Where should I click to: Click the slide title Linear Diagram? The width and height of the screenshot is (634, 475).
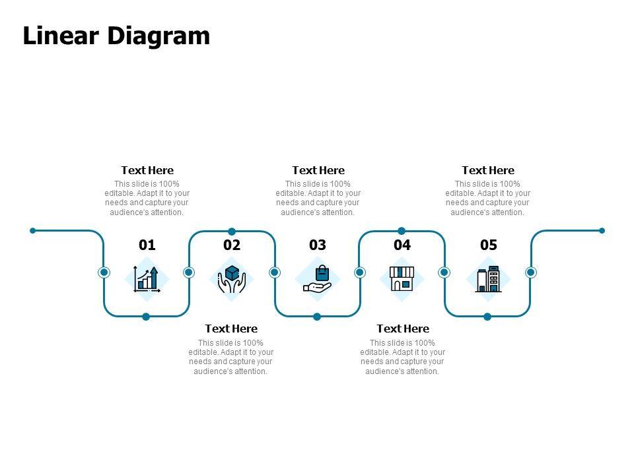tap(116, 36)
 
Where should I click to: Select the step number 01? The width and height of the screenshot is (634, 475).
tap(147, 245)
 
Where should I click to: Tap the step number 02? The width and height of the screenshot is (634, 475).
tap(232, 245)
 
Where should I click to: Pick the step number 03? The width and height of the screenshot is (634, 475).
tap(318, 245)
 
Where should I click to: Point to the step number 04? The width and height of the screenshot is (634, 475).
tap(402, 245)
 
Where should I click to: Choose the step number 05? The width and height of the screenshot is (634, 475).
tap(488, 245)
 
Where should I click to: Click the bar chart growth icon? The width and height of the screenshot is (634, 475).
tap(147, 279)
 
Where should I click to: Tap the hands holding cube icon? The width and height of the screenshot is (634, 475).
tap(232, 279)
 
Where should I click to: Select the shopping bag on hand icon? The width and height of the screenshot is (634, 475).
tap(317, 279)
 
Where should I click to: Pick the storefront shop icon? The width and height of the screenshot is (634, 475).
tap(402, 279)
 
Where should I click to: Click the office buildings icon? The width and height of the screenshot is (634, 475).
tap(488, 279)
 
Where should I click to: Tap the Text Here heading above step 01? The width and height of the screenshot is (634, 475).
tap(147, 170)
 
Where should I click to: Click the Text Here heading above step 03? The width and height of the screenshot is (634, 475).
tap(318, 170)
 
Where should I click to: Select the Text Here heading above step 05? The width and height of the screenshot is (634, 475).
tap(488, 170)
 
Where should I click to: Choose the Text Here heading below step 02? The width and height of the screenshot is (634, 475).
tap(231, 329)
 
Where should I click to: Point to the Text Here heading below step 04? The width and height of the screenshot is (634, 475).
tap(403, 329)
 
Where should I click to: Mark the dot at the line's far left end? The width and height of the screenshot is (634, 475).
tap(33, 230)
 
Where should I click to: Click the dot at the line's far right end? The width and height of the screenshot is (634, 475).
tap(602, 230)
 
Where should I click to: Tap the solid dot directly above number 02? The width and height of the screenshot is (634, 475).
tap(232, 231)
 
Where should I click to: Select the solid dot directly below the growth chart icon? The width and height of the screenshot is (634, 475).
tap(146, 317)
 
